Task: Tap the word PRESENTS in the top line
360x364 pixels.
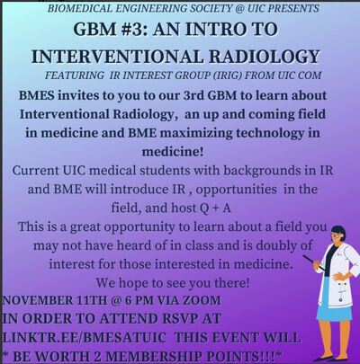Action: coord(293,8)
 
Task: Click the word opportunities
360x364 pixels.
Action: coord(236,190)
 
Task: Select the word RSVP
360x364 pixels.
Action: coord(178,318)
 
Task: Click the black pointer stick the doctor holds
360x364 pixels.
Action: coord(313,262)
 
